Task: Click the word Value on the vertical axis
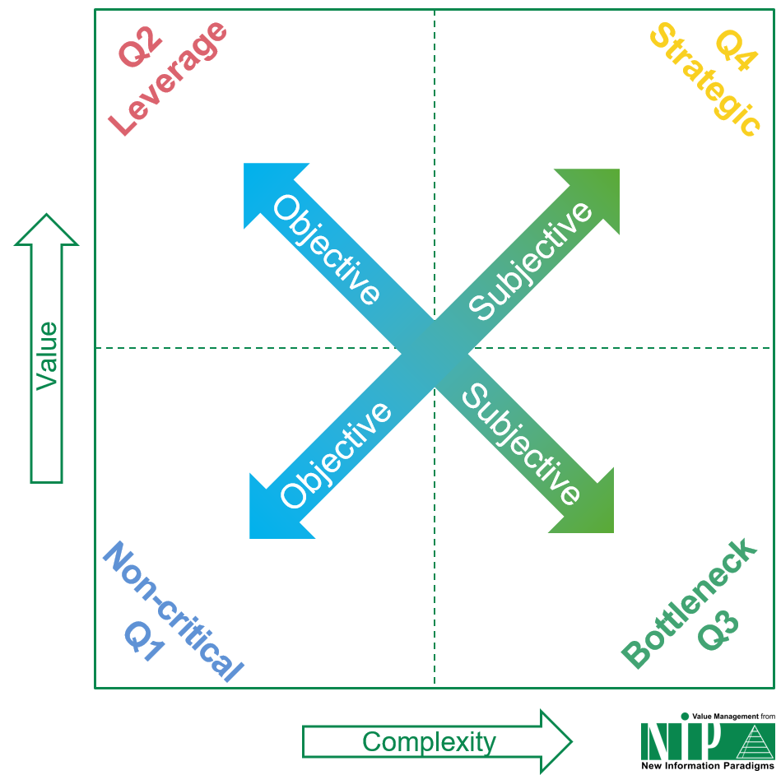coord(46,355)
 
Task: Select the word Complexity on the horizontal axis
coord(429,742)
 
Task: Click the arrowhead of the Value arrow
coord(46,231)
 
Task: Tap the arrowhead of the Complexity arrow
coord(556,742)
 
